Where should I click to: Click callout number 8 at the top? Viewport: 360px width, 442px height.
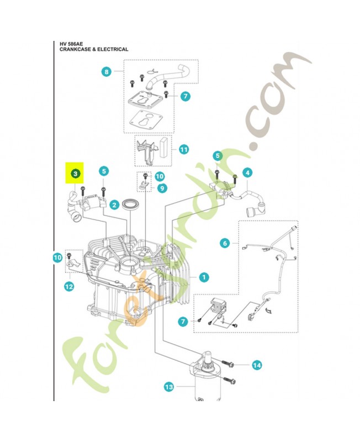tap(107, 71)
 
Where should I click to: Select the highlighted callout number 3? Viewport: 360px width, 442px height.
tap(75, 173)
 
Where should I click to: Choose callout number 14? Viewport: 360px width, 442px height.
tap(256, 365)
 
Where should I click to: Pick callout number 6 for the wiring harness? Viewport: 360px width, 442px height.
tap(224, 242)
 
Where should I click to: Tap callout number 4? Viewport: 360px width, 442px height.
tap(247, 172)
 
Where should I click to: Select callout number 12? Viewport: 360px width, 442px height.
tap(68, 286)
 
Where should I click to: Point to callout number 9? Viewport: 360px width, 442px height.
tap(162, 188)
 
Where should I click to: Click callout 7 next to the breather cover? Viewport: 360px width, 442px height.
tap(185, 96)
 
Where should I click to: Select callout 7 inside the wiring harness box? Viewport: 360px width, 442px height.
tap(182, 321)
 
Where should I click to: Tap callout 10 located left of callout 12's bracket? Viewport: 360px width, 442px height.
tap(57, 257)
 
